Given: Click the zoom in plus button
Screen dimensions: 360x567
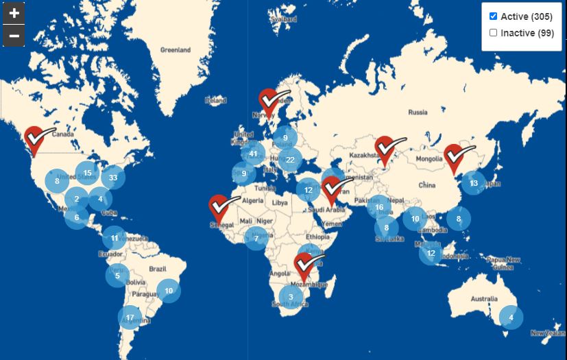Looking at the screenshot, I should pos(14,12).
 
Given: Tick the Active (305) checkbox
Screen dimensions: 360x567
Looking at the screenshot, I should pos(493,16).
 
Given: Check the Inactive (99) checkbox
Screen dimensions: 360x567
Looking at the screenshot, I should pos(493,33).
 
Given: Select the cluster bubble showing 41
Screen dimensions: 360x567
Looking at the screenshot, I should pos(254,154).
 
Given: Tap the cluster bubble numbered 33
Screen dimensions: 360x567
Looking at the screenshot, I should pos(113,178).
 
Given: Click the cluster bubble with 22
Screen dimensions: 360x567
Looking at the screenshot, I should pos(290,160).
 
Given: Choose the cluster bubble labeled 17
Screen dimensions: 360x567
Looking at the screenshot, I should pos(130,317).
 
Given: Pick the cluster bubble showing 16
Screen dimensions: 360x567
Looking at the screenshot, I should pos(379,207).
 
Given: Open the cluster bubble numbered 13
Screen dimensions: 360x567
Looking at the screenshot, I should pos(474,183).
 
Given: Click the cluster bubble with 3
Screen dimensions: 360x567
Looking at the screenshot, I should pos(291,297).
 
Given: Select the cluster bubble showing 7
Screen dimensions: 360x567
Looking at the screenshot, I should pos(256,239).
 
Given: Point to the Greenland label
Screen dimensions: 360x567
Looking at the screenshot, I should pos(175,50).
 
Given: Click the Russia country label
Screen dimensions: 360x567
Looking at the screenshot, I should pos(418,112).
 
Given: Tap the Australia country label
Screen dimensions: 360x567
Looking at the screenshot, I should pos(485,300).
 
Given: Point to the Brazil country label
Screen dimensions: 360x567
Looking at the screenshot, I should pos(158,269).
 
